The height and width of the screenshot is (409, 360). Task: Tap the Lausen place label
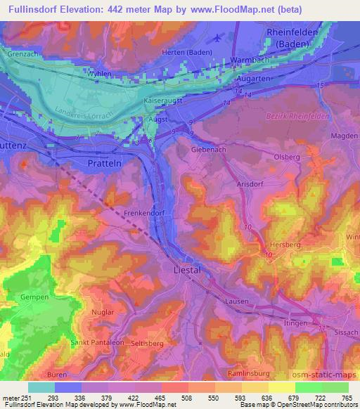coord(238,301)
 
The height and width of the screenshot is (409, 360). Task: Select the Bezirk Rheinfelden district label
coord(298,115)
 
